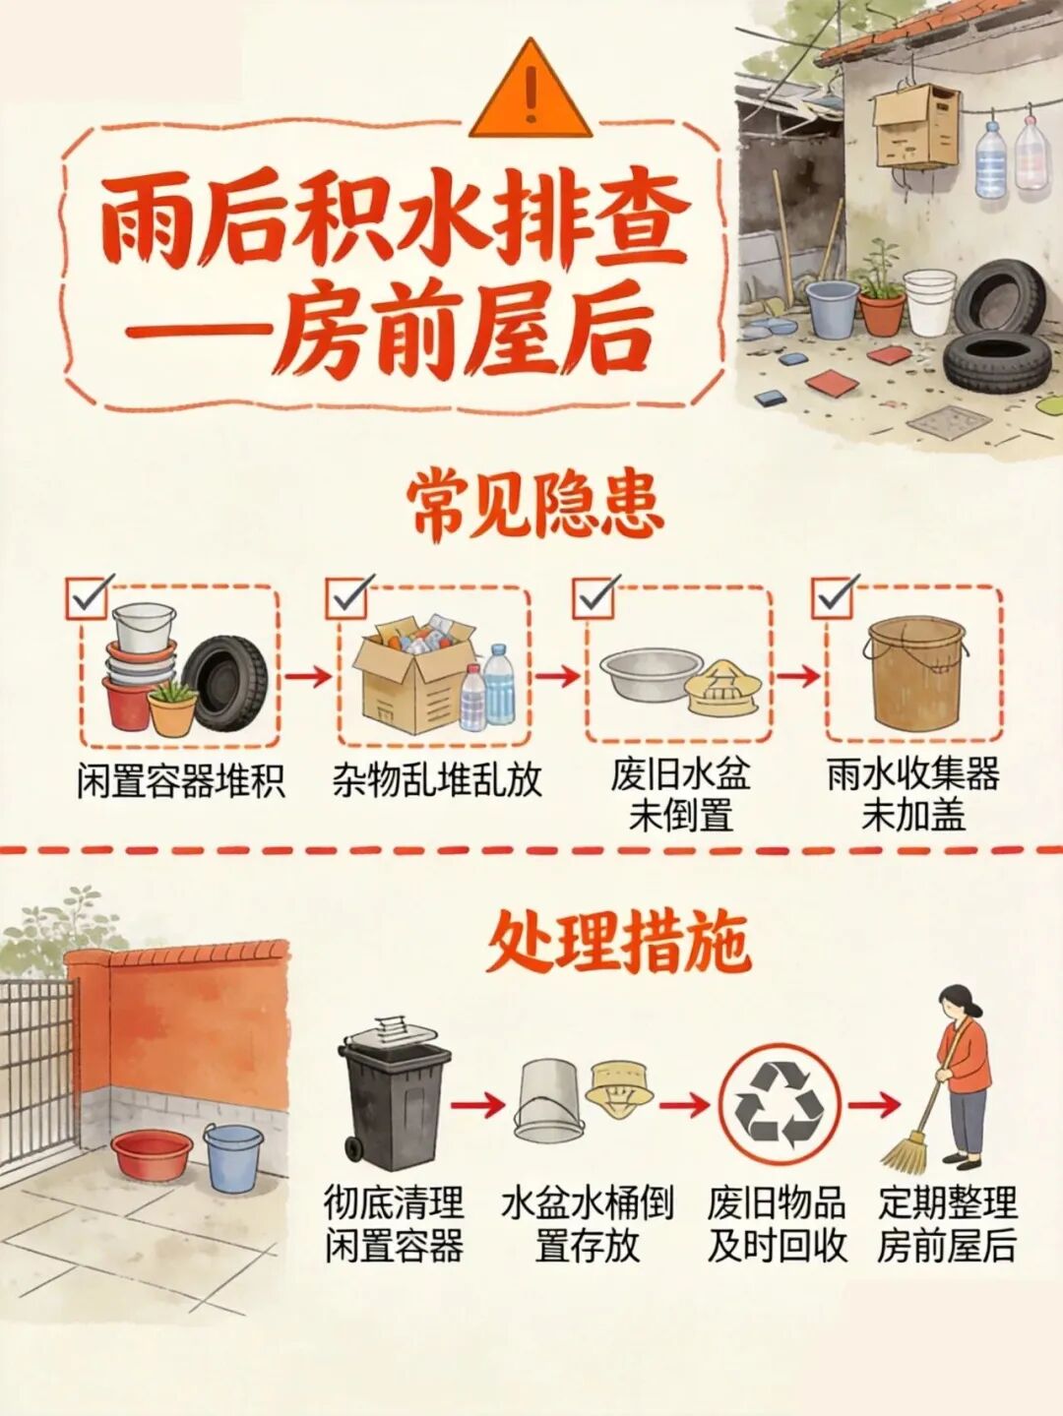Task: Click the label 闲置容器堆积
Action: [181, 781]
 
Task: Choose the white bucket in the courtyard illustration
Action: [929, 301]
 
